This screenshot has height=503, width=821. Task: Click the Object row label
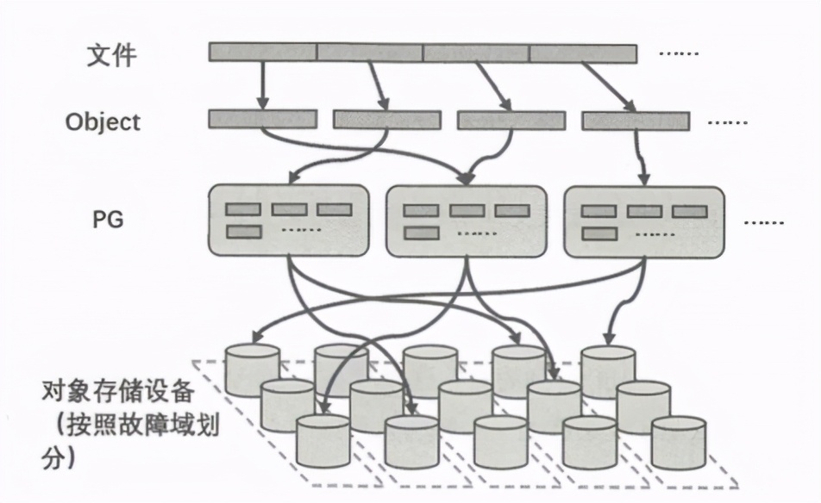coord(103,122)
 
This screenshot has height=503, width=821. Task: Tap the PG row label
coord(108,220)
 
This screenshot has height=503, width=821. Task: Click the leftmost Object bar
coord(262,119)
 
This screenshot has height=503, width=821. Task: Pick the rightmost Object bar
coord(636,121)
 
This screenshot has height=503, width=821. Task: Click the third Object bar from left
coord(511,121)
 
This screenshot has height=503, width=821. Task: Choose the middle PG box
coord(466,220)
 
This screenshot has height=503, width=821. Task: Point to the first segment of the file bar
coord(262,53)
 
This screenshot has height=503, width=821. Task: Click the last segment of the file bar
coord(583,53)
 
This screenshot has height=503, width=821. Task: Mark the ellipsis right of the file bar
coord(679,53)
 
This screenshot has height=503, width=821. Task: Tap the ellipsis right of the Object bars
coord(727,122)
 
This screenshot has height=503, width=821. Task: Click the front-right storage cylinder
coord(679,441)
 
